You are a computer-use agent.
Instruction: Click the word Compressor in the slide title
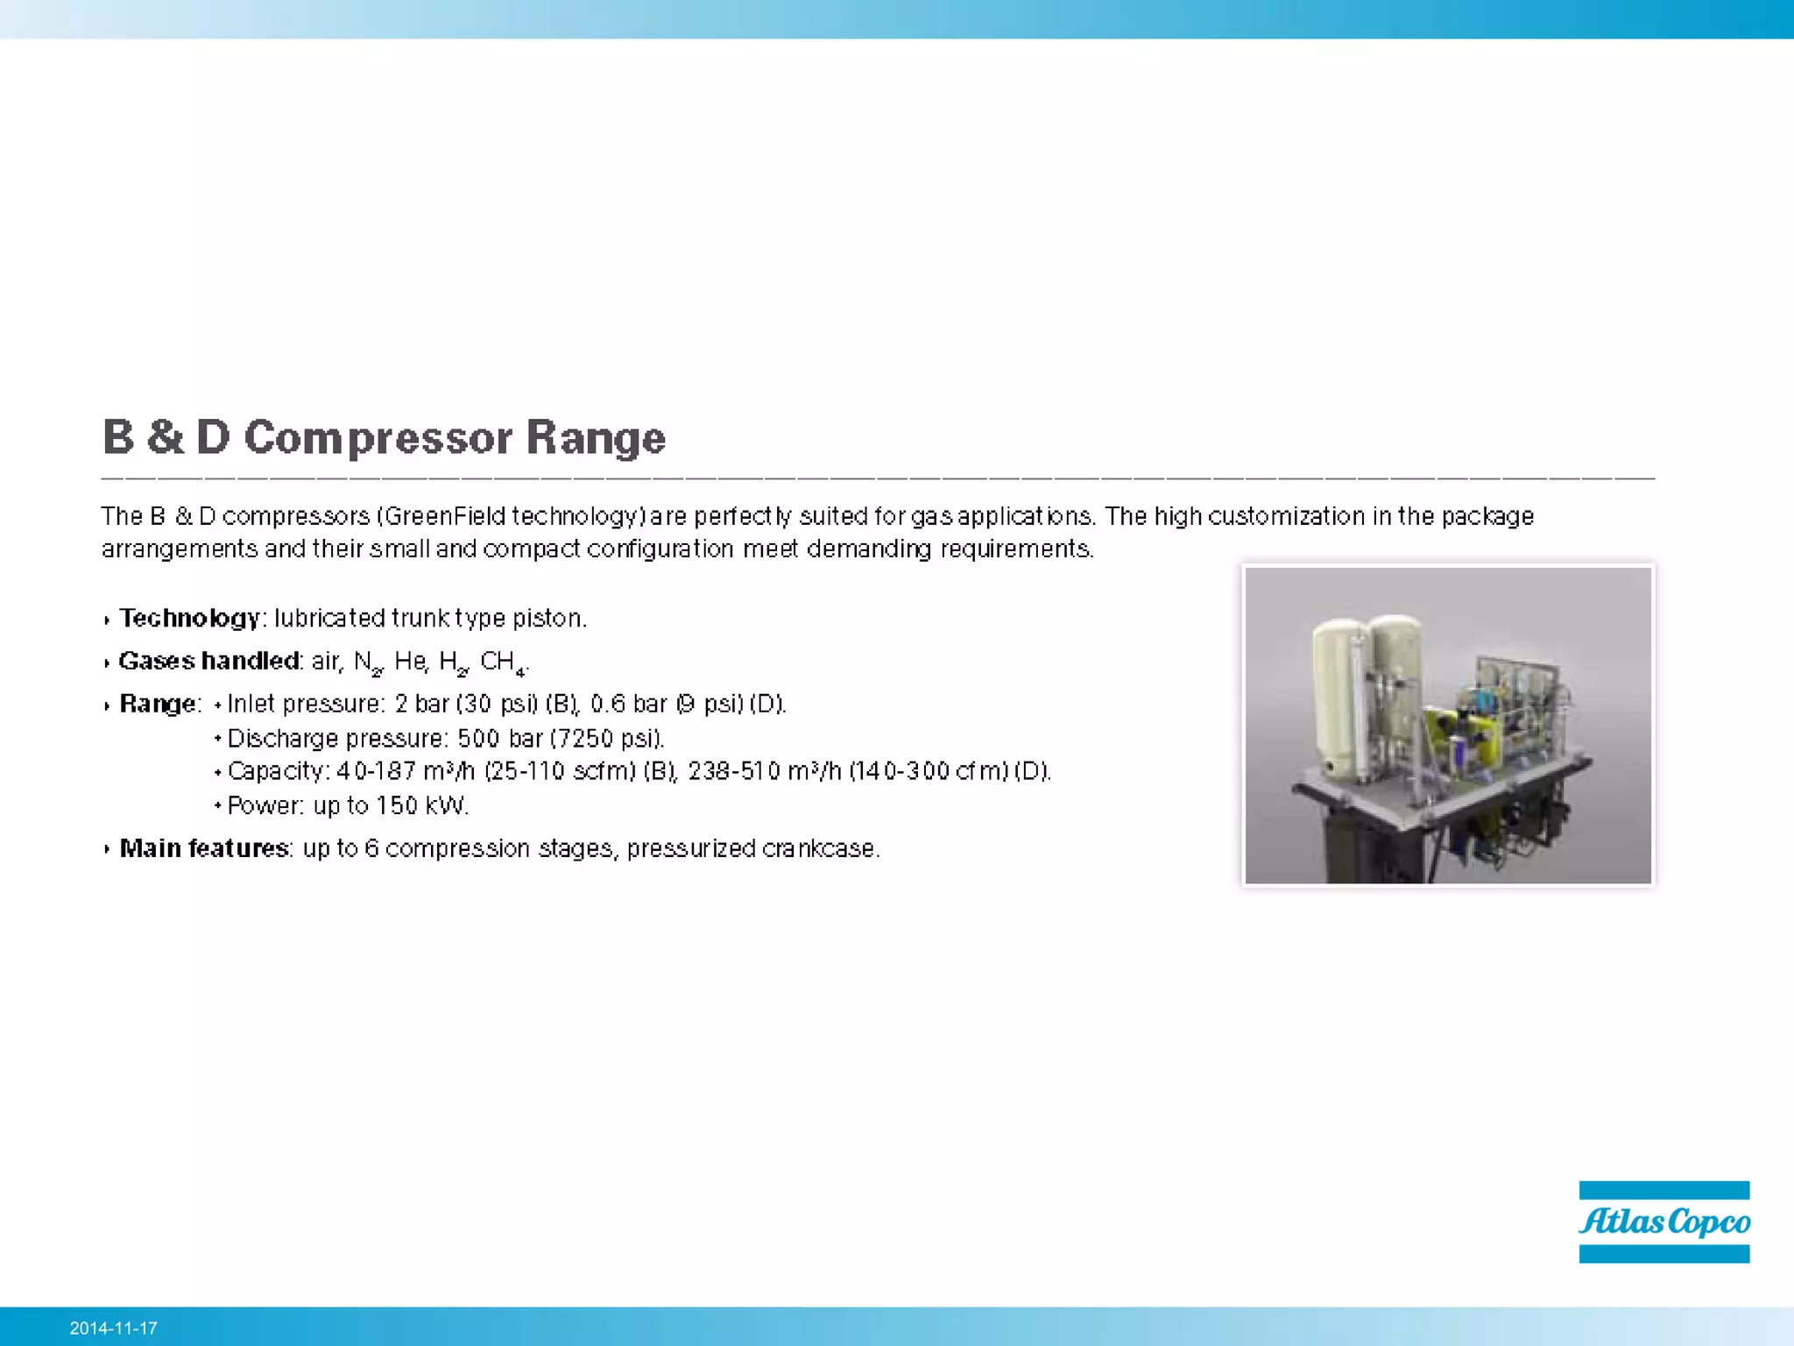pyautogui.click(x=378, y=437)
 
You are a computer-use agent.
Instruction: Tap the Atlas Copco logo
pyautogui.click(x=1663, y=1222)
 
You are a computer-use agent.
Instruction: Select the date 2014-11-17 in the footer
pyautogui.click(x=114, y=1328)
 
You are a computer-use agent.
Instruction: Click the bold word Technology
pyautogui.click(x=189, y=619)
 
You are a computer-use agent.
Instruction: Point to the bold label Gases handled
pyautogui.click(x=208, y=661)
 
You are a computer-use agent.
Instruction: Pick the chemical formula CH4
pyautogui.click(x=502, y=662)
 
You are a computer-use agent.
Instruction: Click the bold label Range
pyautogui.click(x=159, y=704)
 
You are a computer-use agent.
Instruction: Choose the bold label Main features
pyautogui.click(x=204, y=848)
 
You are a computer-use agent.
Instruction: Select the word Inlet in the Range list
pyautogui.click(x=251, y=704)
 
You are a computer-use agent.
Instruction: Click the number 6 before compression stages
pyautogui.click(x=371, y=848)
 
